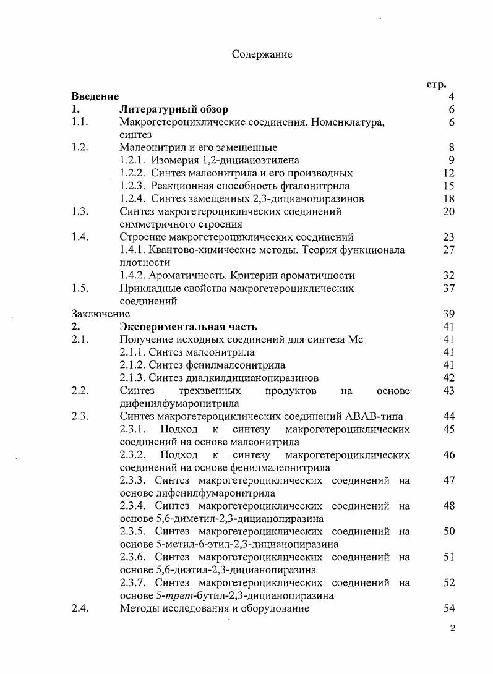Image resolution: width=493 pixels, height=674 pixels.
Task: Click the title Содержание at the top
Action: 262,54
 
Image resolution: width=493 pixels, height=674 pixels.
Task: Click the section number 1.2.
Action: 80,147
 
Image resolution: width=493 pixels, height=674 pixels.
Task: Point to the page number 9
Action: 452,160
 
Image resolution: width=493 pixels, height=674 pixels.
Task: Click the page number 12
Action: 449,173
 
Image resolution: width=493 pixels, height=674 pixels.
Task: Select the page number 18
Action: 449,198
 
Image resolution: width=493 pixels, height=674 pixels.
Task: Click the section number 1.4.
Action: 80,237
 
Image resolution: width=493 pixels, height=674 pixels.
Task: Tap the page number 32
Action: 449,275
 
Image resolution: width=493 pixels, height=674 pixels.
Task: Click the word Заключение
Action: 96,314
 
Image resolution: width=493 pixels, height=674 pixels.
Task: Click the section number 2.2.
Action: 80,391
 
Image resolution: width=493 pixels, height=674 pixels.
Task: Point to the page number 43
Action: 449,391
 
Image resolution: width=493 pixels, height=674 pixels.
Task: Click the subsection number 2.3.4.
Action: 135,506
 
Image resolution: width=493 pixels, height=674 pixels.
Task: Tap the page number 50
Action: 449,531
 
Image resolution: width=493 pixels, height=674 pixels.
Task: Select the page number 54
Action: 449,608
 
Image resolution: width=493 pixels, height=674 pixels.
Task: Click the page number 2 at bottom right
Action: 452,628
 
